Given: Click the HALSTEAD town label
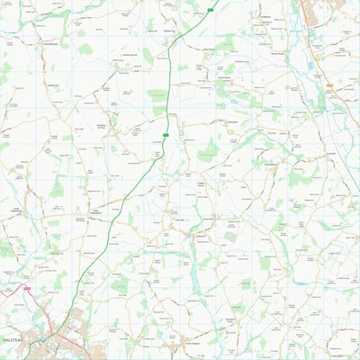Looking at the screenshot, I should (18, 340).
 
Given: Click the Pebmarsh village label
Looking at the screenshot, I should (179, 219).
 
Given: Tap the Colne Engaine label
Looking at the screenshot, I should (188, 341).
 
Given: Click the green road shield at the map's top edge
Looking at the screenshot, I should (211, 10).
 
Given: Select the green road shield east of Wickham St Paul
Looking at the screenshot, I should (166, 135).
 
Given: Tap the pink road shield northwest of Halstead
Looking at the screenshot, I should (26, 289).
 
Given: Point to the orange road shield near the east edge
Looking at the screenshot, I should (330, 85).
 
